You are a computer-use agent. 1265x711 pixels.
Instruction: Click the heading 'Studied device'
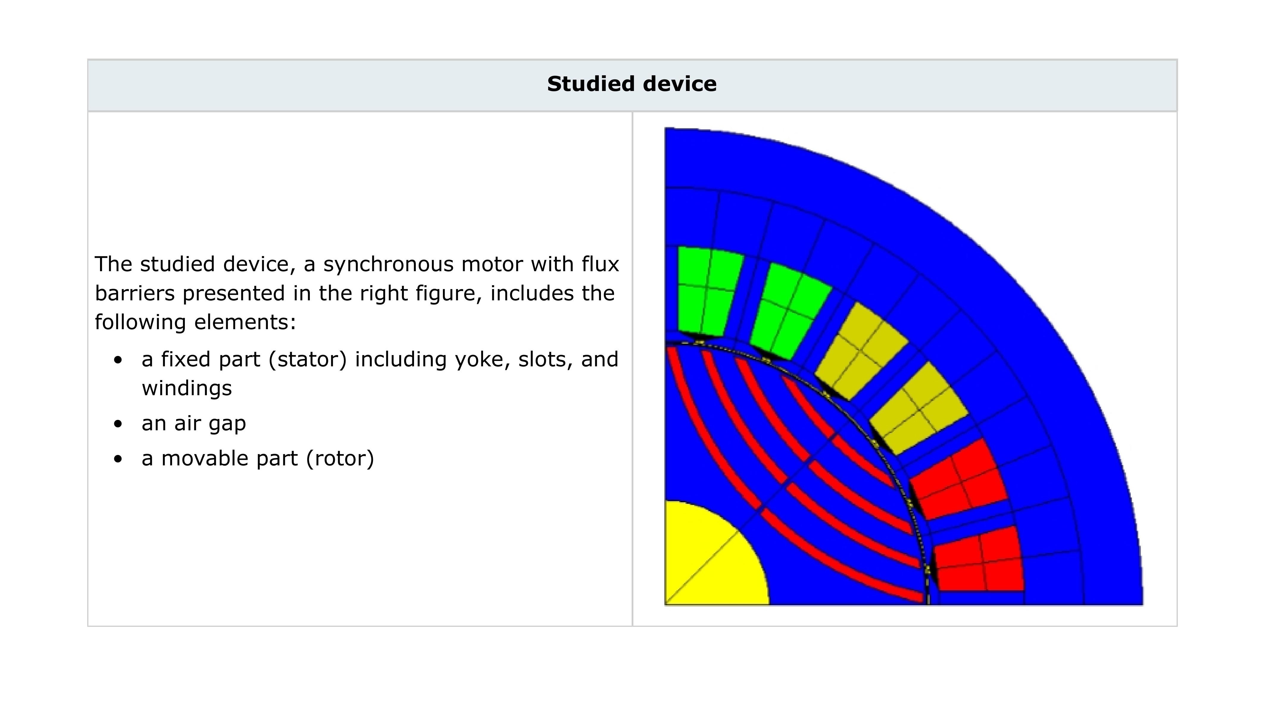coord(632,84)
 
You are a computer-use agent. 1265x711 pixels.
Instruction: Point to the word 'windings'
coord(187,388)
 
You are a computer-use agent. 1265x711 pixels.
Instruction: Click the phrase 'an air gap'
coord(193,423)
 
